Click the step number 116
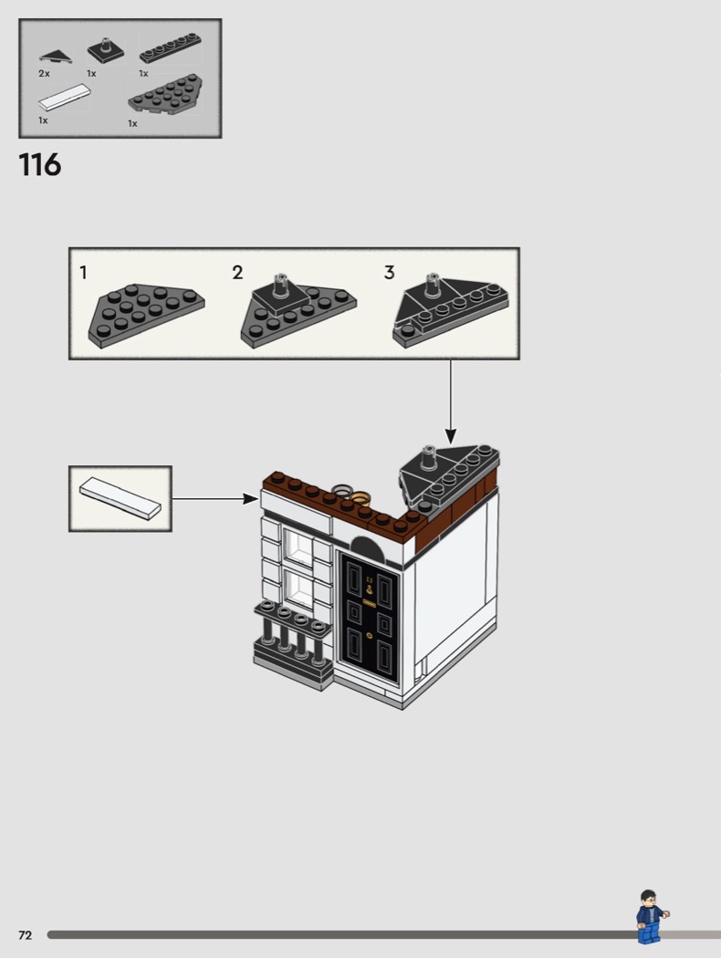click(x=40, y=165)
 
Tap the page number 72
click(x=25, y=935)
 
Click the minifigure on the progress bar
click(x=652, y=917)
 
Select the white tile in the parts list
click(x=64, y=98)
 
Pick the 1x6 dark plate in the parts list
click(x=171, y=49)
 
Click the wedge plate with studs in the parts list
click(x=165, y=95)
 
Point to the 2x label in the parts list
click(x=44, y=73)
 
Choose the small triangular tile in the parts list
click(x=56, y=57)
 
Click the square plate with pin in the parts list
click(x=105, y=50)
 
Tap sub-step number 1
click(x=84, y=273)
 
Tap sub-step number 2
click(x=237, y=273)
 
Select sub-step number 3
click(x=389, y=273)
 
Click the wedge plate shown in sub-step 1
click(x=147, y=316)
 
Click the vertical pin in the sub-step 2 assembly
click(x=282, y=284)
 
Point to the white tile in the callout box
click(x=120, y=498)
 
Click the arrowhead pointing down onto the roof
click(x=450, y=436)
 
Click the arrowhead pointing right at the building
click(x=250, y=498)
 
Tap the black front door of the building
click(x=369, y=617)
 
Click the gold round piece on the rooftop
click(x=360, y=496)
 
